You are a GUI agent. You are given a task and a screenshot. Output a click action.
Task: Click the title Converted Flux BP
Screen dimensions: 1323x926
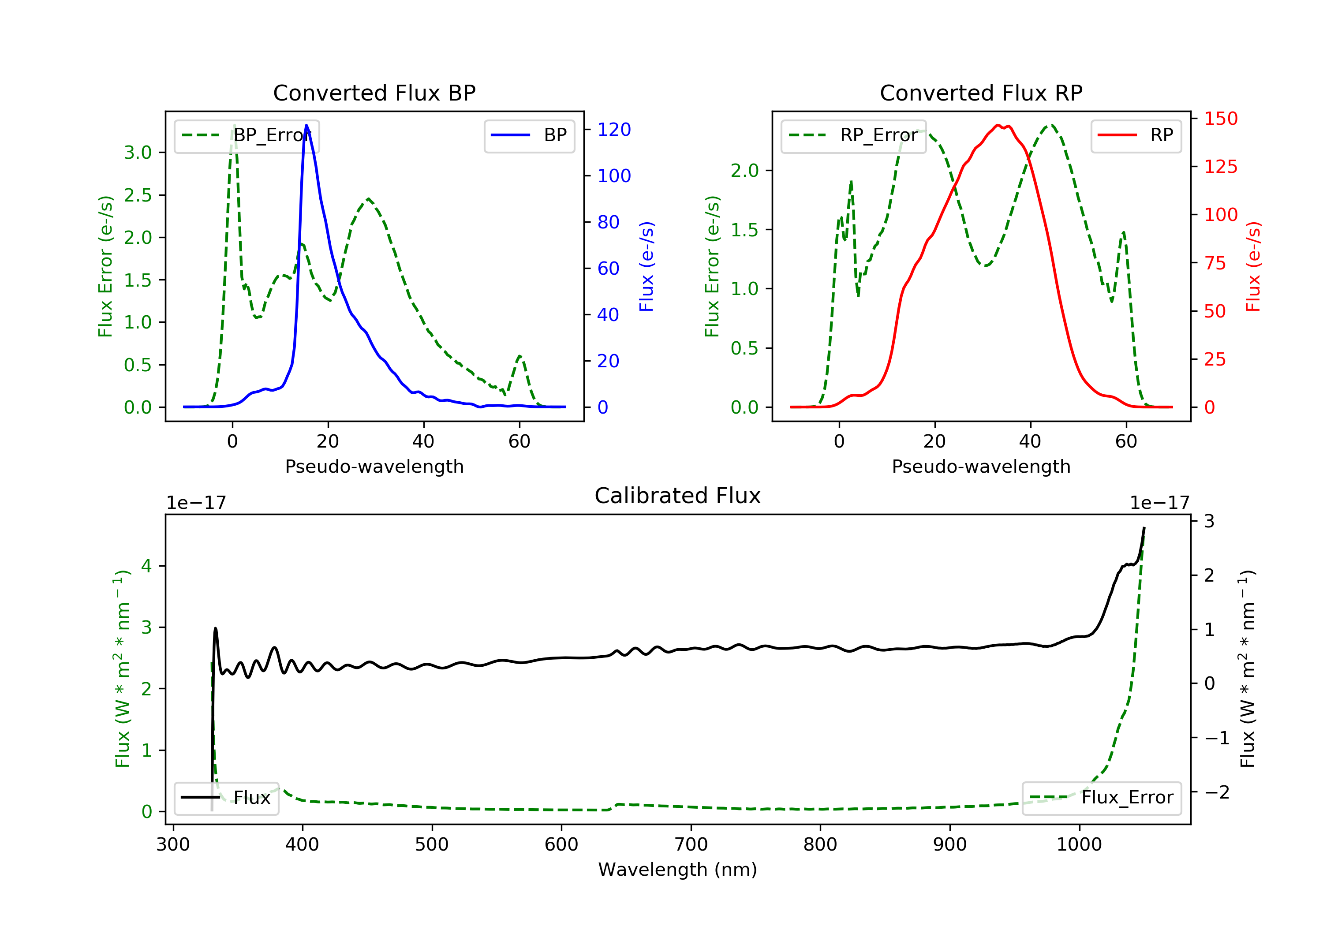pyautogui.click(x=374, y=93)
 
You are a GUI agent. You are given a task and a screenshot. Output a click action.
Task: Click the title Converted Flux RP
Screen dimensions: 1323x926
pyautogui.click(x=981, y=93)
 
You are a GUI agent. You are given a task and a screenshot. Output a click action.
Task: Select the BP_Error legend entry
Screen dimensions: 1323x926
pyautogui.click(x=247, y=135)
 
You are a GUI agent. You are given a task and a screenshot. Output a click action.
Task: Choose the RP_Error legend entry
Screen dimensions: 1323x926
pyautogui.click(x=853, y=135)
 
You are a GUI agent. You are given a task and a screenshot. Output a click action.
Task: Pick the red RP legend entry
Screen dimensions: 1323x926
pyautogui.click(x=1136, y=135)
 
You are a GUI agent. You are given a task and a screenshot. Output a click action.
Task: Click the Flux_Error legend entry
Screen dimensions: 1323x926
pyautogui.click(x=1102, y=798)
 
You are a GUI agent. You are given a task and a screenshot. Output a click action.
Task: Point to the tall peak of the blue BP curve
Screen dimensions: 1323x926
pyautogui.click(x=306, y=125)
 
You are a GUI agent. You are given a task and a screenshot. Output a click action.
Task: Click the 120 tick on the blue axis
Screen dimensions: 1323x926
pyautogui.click(x=614, y=130)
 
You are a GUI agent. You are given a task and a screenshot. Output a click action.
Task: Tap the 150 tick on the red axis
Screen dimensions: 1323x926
pyautogui.click(x=1220, y=119)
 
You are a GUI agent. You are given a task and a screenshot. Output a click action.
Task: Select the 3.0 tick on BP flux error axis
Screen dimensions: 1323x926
pyautogui.click(x=138, y=153)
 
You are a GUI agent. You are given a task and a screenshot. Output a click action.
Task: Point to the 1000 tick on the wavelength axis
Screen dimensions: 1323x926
pyautogui.click(x=1079, y=845)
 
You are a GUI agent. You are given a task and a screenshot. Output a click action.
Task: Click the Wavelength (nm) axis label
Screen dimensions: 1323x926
pyautogui.click(x=678, y=870)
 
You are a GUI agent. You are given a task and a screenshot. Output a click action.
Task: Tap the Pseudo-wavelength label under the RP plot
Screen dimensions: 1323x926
pyautogui.click(x=981, y=467)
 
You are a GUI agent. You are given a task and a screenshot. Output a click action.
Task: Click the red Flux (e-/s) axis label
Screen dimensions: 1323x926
pyautogui.click(x=1253, y=267)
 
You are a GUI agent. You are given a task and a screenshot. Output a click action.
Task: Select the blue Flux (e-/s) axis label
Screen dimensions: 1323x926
pyautogui.click(x=647, y=267)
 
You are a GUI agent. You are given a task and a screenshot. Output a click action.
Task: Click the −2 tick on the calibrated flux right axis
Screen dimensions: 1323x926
pyautogui.click(x=1216, y=792)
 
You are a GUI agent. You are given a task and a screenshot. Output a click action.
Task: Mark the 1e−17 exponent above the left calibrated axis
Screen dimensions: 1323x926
pyautogui.click(x=196, y=503)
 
